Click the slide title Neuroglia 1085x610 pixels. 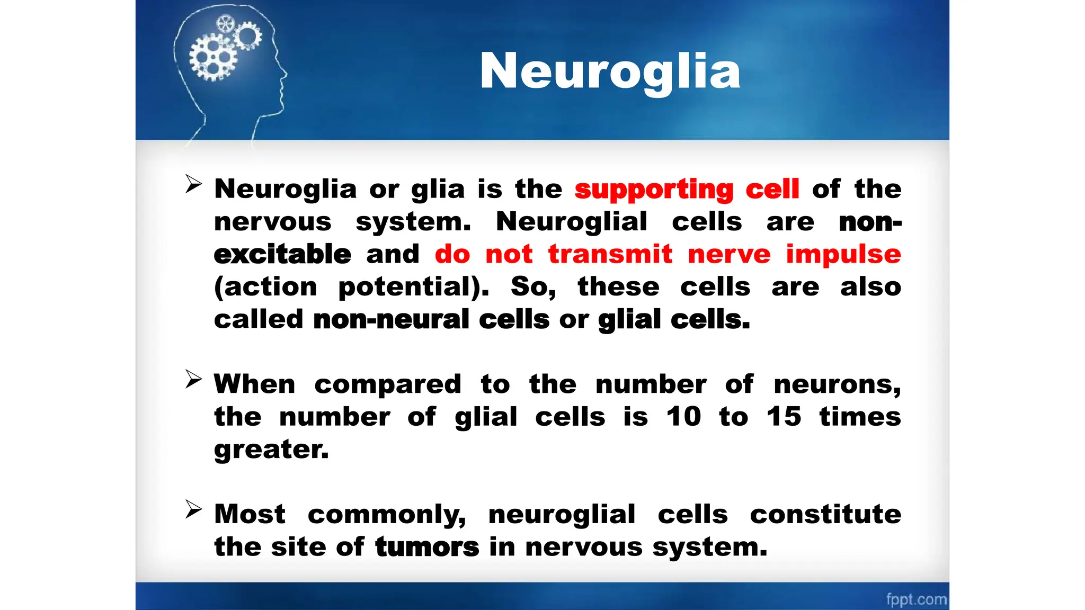click(x=610, y=71)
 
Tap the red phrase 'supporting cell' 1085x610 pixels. click(x=687, y=189)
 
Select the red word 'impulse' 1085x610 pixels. click(x=843, y=254)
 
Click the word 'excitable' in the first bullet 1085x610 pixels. click(x=282, y=254)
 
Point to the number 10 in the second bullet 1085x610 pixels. click(x=683, y=416)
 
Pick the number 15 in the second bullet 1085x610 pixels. click(x=784, y=416)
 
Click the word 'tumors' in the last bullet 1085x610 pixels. click(x=427, y=546)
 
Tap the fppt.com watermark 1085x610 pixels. click(x=916, y=599)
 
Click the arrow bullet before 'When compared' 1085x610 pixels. click(x=193, y=379)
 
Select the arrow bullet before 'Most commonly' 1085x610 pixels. click(x=193, y=509)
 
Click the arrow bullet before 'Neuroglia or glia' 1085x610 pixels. click(x=193, y=184)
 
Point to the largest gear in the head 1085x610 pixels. click(x=213, y=58)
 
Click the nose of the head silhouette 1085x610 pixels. click(x=284, y=74)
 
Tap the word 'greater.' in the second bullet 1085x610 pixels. click(x=271, y=450)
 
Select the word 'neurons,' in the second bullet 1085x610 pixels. click(x=837, y=384)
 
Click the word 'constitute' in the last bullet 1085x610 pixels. click(x=825, y=514)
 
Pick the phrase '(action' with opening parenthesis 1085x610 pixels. click(x=265, y=287)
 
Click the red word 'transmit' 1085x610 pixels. click(x=610, y=254)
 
